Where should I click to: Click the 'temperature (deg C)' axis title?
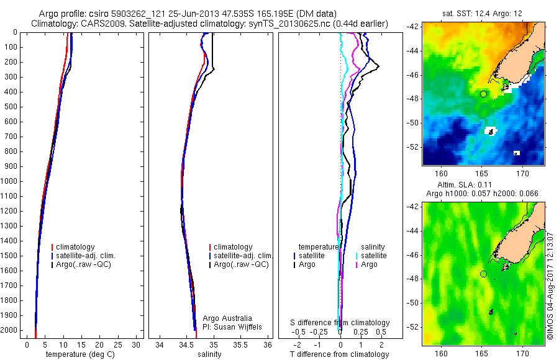pos(82,354)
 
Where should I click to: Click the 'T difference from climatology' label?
pos(339,354)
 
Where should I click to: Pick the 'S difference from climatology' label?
pos(340,323)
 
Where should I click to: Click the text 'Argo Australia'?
pos(227,318)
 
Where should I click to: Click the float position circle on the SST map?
pos(483,94)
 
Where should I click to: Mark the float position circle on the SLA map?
pos(483,274)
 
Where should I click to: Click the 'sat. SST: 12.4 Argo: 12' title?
pos(483,13)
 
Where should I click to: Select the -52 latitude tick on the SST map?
pos(412,146)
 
